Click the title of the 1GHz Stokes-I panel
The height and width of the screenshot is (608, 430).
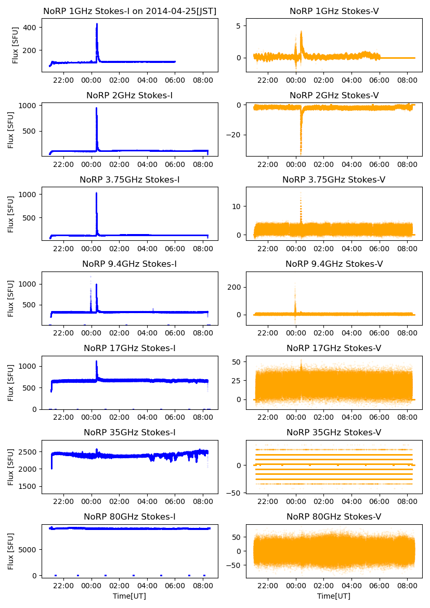(x=129, y=11)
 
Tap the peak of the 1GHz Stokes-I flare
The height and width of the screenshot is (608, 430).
(x=97, y=24)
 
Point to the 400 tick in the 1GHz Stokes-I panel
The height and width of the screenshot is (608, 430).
(x=30, y=27)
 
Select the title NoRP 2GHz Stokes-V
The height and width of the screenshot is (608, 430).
(x=334, y=95)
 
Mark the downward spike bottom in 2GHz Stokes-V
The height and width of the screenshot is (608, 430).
(x=301, y=154)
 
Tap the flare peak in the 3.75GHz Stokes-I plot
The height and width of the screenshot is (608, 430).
(x=96, y=193)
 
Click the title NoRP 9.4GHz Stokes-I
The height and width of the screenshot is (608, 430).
(x=129, y=264)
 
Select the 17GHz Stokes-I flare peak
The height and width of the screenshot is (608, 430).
(x=96, y=361)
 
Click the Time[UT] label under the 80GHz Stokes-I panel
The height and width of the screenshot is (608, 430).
(x=129, y=596)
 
